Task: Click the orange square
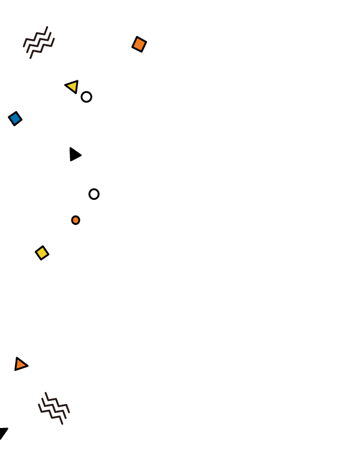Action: pyautogui.click(x=139, y=44)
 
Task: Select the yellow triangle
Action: pyautogui.click(x=73, y=86)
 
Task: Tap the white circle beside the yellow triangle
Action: pyautogui.click(x=86, y=97)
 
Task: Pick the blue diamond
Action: pyautogui.click(x=15, y=118)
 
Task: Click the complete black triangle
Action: pyautogui.click(x=74, y=154)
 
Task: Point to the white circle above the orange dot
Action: pyautogui.click(x=94, y=194)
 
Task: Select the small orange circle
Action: pyautogui.click(x=76, y=220)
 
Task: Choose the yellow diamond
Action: pyautogui.click(x=42, y=253)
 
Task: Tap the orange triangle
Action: pyautogui.click(x=20, y=364)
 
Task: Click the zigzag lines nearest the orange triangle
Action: pyautogui.click(x=54, y=408)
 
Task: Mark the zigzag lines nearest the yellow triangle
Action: pyautogui.click(x=39, y=42)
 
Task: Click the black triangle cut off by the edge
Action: pyautogui.click(x=3, y=432)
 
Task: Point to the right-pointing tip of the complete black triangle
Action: pyautogui.click(x=82, y=155)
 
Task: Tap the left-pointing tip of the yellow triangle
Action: pyautogui.click(x=65, y=86)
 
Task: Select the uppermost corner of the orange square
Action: pyautogui.click(x=137, y=37)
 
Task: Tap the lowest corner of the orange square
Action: pyautogui.click(x=142, y=52)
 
